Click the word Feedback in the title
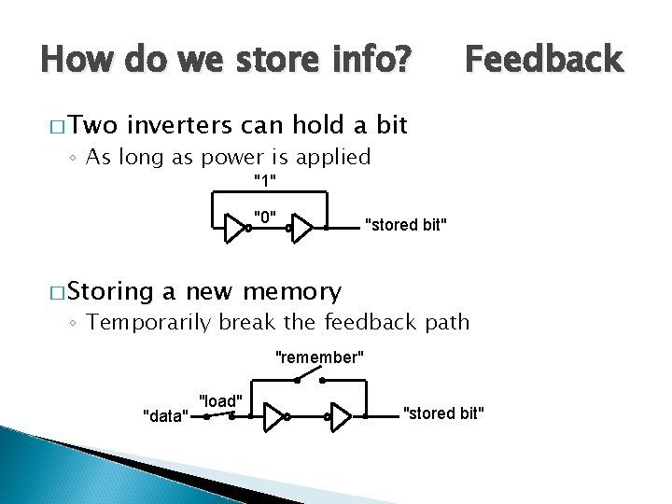[543, 60]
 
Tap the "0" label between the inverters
[266, 217]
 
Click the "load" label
[221, 400]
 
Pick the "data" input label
[165, 415]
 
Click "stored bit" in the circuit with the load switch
[443, 413]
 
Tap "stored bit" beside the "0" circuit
[406, 224]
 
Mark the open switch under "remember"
[310, 378]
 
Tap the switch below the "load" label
[218, 416]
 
